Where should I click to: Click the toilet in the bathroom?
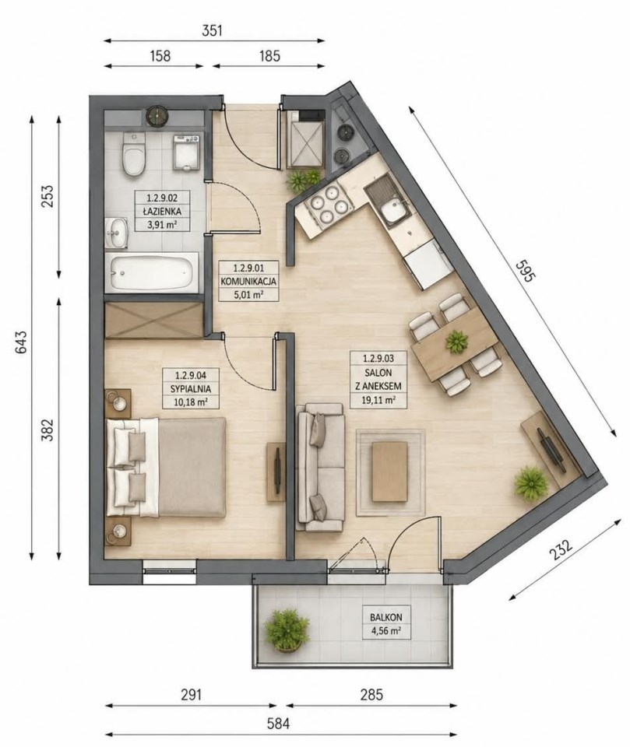click(x=133, y=154)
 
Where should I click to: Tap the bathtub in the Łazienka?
click(x=152, y=272)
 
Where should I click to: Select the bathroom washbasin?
click(x=116, y=233)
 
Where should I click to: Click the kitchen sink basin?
click(x=392, y=210)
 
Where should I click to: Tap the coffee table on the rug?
click(x=390, y=472)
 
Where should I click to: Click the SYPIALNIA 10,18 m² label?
click(x=190, y=388)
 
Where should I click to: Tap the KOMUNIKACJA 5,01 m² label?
click(x=248, y=281)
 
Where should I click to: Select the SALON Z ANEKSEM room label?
click(x=378, y=379)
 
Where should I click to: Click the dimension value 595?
click(x=525, y=271)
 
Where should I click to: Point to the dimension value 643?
click(x=21, y=342)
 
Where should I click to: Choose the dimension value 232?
click(x=561, y=549)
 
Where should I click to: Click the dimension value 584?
click(x=279, y=724)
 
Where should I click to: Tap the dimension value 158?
click(x=160, y=56)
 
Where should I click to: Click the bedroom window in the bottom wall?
click(x=169, y=572)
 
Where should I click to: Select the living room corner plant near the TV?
click(x=531, y=482)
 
